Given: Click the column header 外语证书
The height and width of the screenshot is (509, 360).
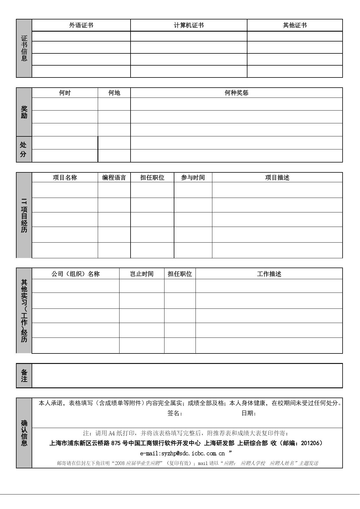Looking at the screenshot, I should click(81, 25).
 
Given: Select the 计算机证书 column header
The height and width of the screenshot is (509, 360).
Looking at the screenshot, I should click(189, 25).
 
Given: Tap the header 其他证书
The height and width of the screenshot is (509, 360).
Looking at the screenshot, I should click(295, 25).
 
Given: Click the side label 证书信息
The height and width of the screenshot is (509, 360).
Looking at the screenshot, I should click(24, 48).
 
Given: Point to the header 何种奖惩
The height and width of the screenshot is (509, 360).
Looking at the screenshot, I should click(236, 93).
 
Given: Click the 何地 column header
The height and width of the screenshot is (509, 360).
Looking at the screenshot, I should click(114, 93).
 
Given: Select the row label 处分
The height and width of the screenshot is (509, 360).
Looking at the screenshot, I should click(23, 149).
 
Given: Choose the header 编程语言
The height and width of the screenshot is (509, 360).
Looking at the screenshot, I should click(114, 178).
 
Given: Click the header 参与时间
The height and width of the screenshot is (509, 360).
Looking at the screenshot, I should click(193, 178).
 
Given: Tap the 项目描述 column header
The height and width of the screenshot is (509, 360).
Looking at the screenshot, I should click(277, 178).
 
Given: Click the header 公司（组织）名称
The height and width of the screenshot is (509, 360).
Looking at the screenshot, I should click(75, 274).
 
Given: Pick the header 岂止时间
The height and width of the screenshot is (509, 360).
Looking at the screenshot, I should click(142, 274).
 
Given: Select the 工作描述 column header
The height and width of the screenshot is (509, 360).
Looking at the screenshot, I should click(269, 274).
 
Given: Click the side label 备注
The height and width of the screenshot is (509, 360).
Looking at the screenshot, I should click(24, 376).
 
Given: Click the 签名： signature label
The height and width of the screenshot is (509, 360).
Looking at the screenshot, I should click(175, 414).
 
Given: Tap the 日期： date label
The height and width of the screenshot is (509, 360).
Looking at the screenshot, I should click(249, 414).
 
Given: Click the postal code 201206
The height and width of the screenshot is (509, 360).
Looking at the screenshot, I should click(310, 443).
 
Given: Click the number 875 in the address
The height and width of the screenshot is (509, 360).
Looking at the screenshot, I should click(115, 443).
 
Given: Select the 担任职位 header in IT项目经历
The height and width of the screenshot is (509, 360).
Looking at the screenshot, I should click(152, 178).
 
